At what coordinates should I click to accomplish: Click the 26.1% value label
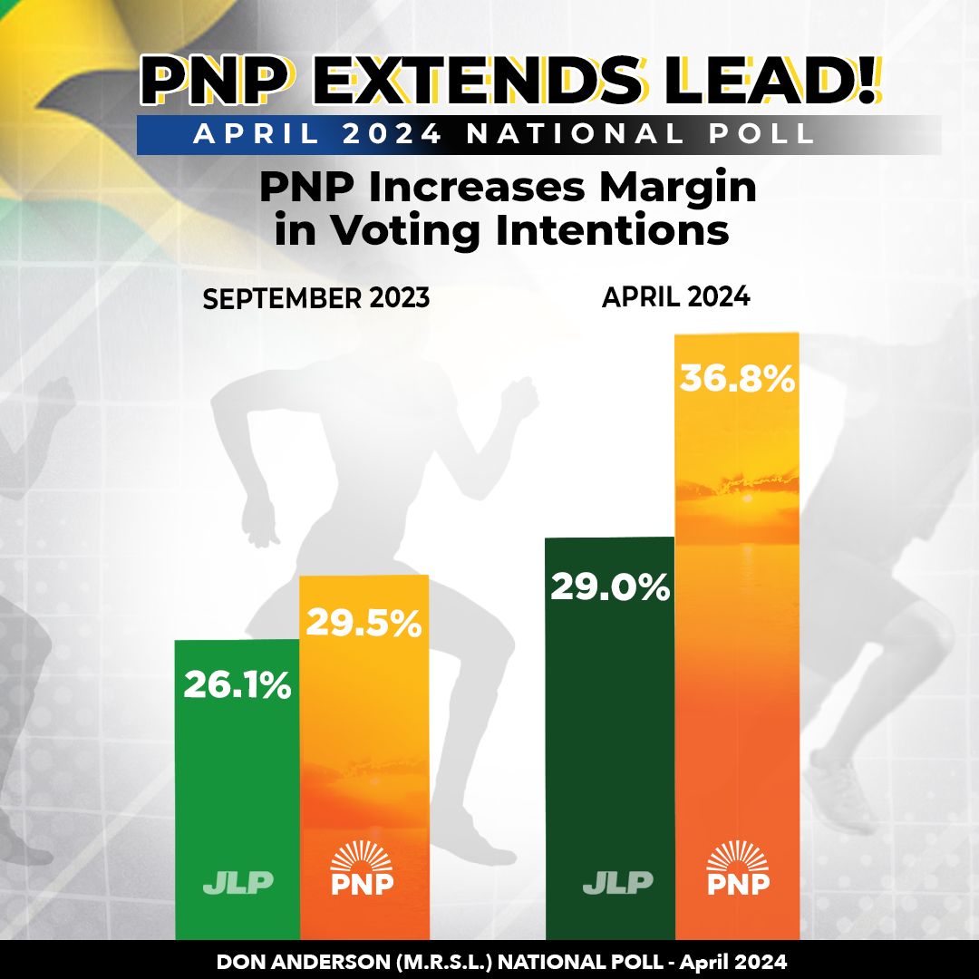click(x=237, y=684)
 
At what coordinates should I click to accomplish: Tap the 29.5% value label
click(x=363, y=623)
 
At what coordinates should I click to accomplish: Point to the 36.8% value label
click(x=737, y=380)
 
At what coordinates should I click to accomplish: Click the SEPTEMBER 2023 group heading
click(x=316, y=299)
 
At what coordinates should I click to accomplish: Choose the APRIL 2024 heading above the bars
click(x=676, y=297)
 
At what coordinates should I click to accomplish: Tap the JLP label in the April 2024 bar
click(x=617, y=883)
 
